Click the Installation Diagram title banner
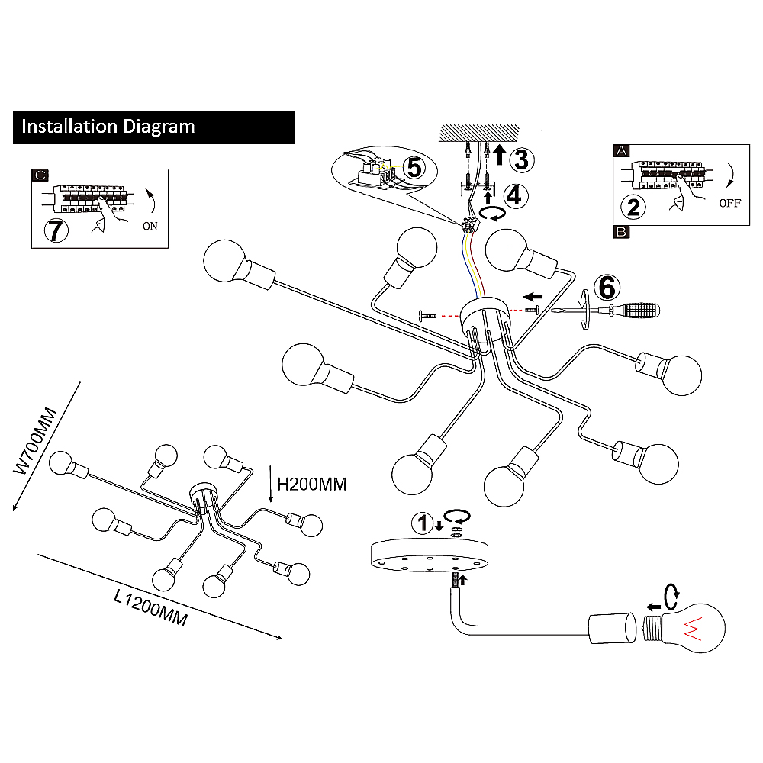pyautogui.click(x=153, y=127)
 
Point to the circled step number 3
pyautogui.click(x=520, y=159)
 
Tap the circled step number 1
pyautogui.click(x=420, y=523)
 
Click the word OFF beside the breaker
pyautogui.click(x=729, y=204)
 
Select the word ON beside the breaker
pyautogui.click(x=150, y=226)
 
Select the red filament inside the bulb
pyautogui.click(x=694, y=626)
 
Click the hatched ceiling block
pyautogui.click(x=478, y=132)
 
